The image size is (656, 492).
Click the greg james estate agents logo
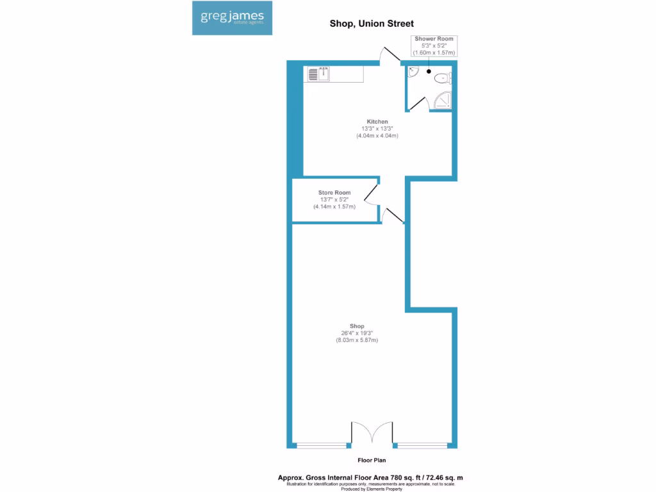(232, 17)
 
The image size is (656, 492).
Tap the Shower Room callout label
(434, 39)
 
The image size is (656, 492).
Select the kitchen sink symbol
(318, 74)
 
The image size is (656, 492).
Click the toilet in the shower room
(443, 79)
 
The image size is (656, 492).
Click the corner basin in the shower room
(413, 72)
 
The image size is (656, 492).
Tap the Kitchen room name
(377, 122)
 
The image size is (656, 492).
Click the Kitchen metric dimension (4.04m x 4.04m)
(377, 136)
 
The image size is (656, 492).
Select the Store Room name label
(334, 193)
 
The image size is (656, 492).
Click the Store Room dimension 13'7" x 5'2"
(334, 200)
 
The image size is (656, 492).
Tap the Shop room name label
(357, 326)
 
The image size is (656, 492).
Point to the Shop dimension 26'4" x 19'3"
(357, 333)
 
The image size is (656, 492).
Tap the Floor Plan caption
(372, 460)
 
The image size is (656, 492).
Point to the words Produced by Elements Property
(372, 489)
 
